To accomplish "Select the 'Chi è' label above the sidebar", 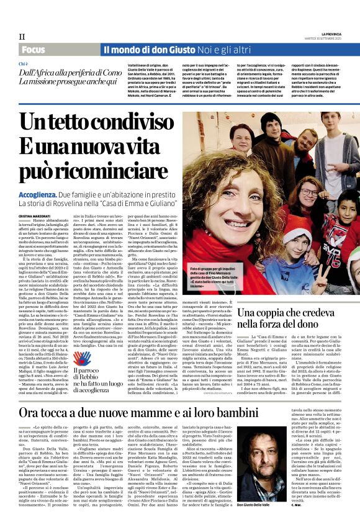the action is click(24, 64).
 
